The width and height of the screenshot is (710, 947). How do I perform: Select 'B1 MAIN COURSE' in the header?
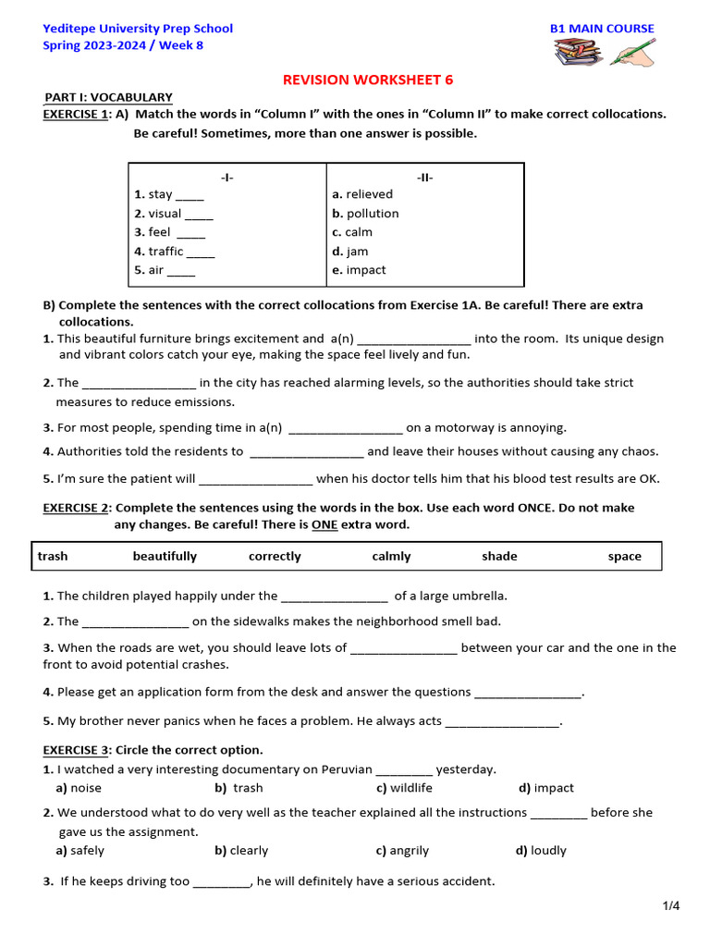tap(602, 29)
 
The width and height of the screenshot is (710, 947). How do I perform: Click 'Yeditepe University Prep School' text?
tap(138, 29)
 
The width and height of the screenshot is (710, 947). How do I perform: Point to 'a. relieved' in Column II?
tap(362, 194)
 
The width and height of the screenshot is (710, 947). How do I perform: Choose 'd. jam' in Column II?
tap(350, 252)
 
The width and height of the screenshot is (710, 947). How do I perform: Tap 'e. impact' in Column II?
tap(359, 270)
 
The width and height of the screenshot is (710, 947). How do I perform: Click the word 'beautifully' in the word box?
tap(165, 557)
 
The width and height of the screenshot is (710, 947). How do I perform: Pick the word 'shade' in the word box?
tap(499, 557)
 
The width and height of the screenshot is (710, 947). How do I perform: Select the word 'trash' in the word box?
tap(53, 557)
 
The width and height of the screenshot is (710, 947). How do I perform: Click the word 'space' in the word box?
tap(624, 557)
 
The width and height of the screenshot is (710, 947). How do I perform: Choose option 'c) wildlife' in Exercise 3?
tap(404, 788)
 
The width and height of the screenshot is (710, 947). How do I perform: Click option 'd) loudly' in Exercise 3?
tap(541, 851)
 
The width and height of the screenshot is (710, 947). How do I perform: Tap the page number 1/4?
tap(670, 906)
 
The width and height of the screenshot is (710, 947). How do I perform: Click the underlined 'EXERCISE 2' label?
tap(77, 508)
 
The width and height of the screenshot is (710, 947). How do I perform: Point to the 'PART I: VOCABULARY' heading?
tap(109, 97)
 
